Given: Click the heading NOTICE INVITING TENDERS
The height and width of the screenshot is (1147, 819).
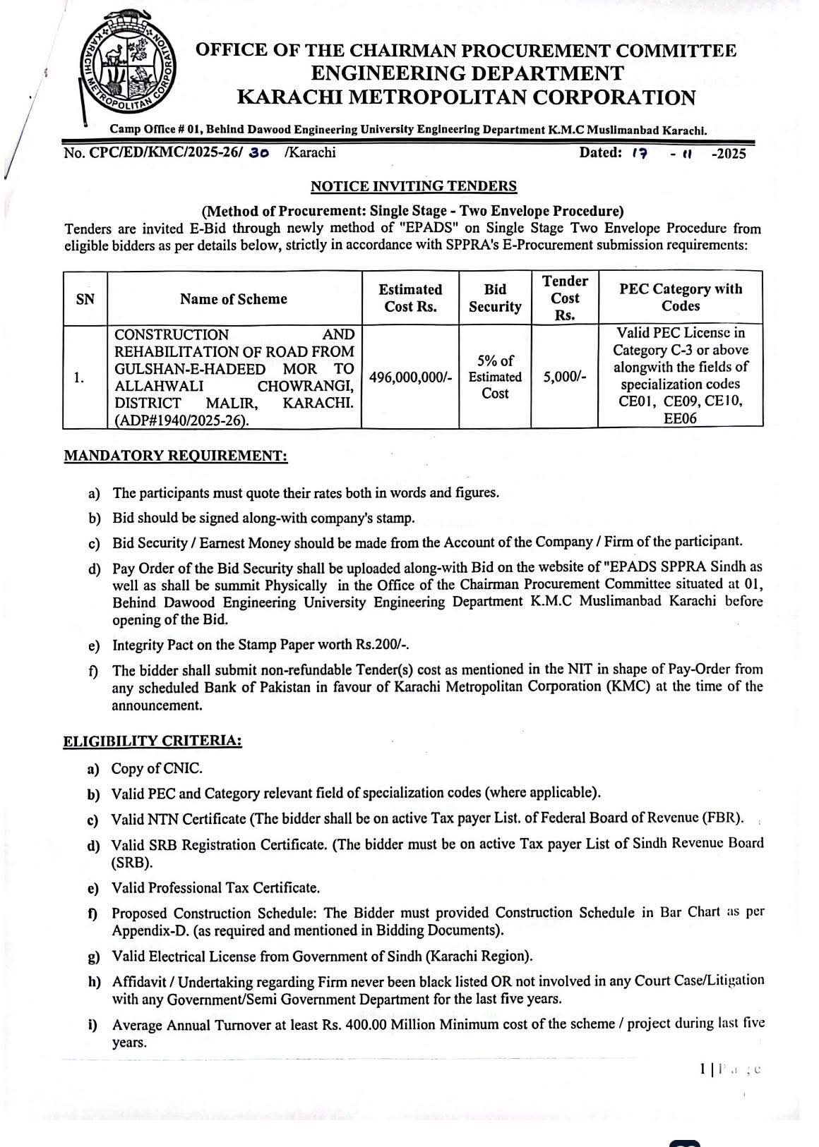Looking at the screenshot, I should click(x=414, y=186).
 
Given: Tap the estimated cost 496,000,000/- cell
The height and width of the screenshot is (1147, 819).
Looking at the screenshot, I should click(x=410, y=377).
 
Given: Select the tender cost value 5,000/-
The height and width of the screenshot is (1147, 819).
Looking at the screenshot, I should click(x=565, y=377).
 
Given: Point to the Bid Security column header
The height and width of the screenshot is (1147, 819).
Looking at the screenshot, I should click(x=495, y=298).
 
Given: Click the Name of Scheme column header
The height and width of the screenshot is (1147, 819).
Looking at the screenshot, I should click(x=233, y=299).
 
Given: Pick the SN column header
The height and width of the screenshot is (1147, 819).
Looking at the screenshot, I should click(x=85, y=299).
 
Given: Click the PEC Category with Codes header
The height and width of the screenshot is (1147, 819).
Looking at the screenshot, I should click(x=681, y=298).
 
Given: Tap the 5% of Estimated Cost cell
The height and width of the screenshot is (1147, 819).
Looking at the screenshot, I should click(x=495, y=377).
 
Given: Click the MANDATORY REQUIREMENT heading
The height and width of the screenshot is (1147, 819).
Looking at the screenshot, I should click(x=176, y=456).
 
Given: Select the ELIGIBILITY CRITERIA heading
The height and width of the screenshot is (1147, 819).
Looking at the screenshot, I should click(x=153, y=741).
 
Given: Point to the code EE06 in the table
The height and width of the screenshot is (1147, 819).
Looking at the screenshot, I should click(x=681, y=419).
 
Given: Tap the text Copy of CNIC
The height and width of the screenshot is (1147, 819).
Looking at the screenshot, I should click(x=157, y=768).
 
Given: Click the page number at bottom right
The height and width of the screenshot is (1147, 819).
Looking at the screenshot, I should click(x=703, y=1069).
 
